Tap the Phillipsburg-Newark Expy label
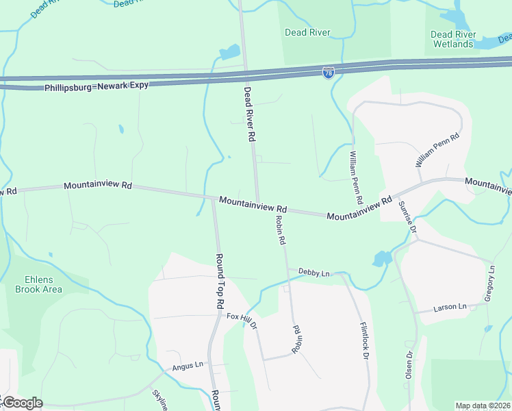pos(96,88)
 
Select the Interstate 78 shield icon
pos(329,72)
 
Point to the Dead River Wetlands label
pos(453,39)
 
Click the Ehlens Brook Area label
pos(39,284)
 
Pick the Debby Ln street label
pos(314,272)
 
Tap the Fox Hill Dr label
pos(242,320)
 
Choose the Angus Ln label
pos(188,366)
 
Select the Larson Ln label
pos(450,308)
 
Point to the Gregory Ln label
pos(490,282)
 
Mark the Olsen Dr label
pos(409,365)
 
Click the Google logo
pos(22,403)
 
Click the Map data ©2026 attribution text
pos(483,406)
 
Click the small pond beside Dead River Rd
pos(229,53)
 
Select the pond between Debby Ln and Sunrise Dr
pos(381,258)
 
